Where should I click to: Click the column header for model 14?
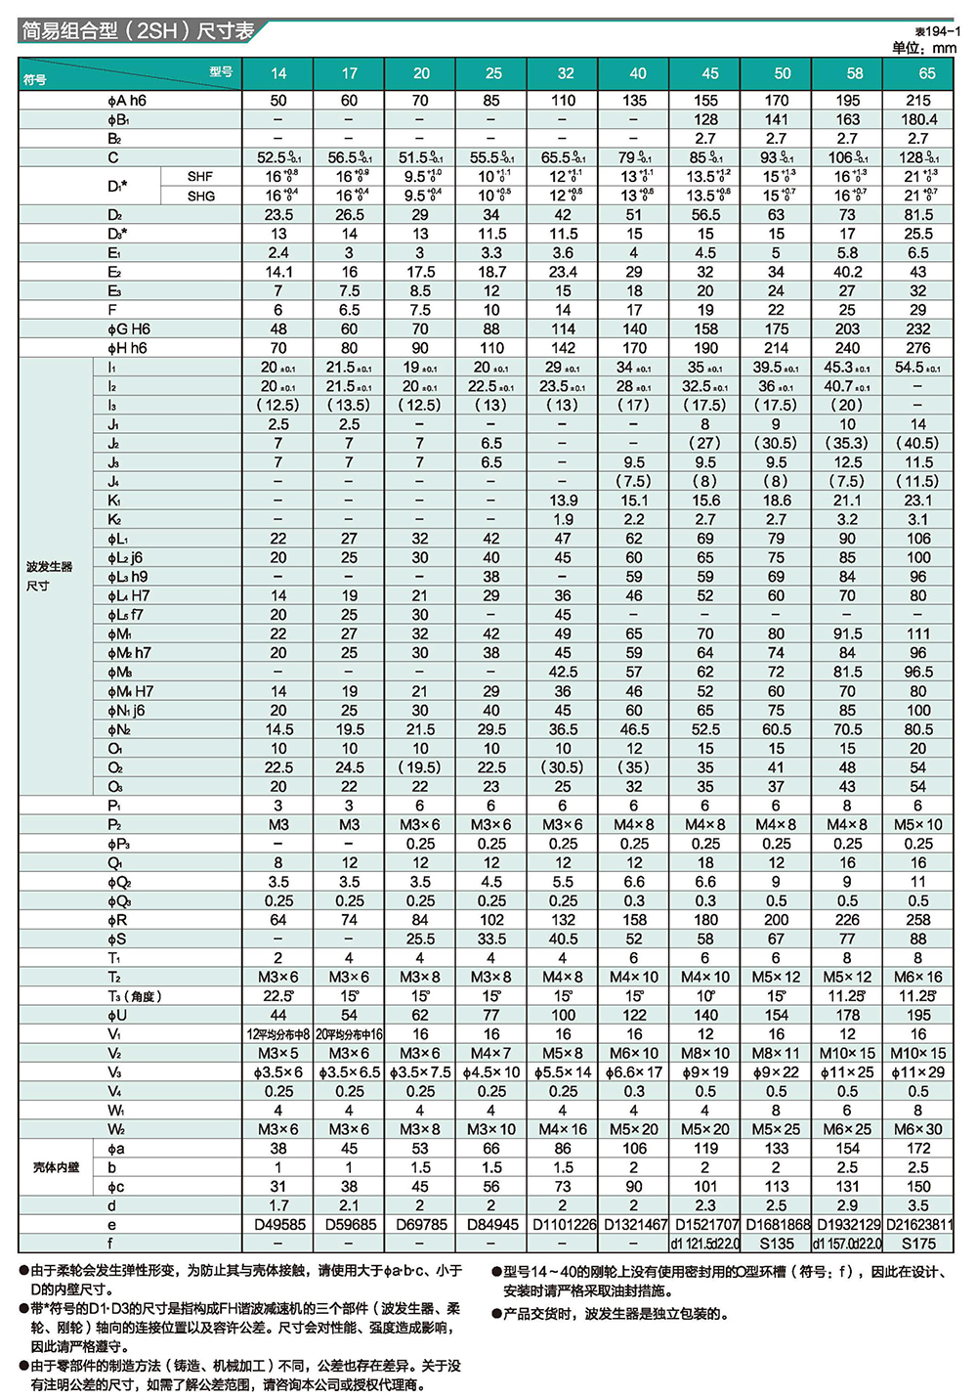(278, 73)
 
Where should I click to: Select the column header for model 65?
(926, 73)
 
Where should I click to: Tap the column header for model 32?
(566, 73)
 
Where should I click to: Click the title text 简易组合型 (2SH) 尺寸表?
(138, 30)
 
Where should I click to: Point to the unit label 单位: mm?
(923, 47)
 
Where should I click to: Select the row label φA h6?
(127, 101)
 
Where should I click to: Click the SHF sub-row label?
(200, 177)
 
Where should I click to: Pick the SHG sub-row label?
(200, 196)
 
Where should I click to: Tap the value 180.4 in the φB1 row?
(918, 119)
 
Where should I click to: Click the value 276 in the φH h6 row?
(918, 348)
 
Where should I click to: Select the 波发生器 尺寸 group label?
(50, 576)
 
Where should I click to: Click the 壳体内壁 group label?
(56, 1167)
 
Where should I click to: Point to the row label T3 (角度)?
(135, 996)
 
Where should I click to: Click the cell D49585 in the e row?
(278, 1224)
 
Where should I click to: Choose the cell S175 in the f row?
(918, 1244)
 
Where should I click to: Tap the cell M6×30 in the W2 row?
(918, 1129)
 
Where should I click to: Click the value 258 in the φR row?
(918, 920)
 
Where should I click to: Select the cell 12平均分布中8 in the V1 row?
(278, 1034)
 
